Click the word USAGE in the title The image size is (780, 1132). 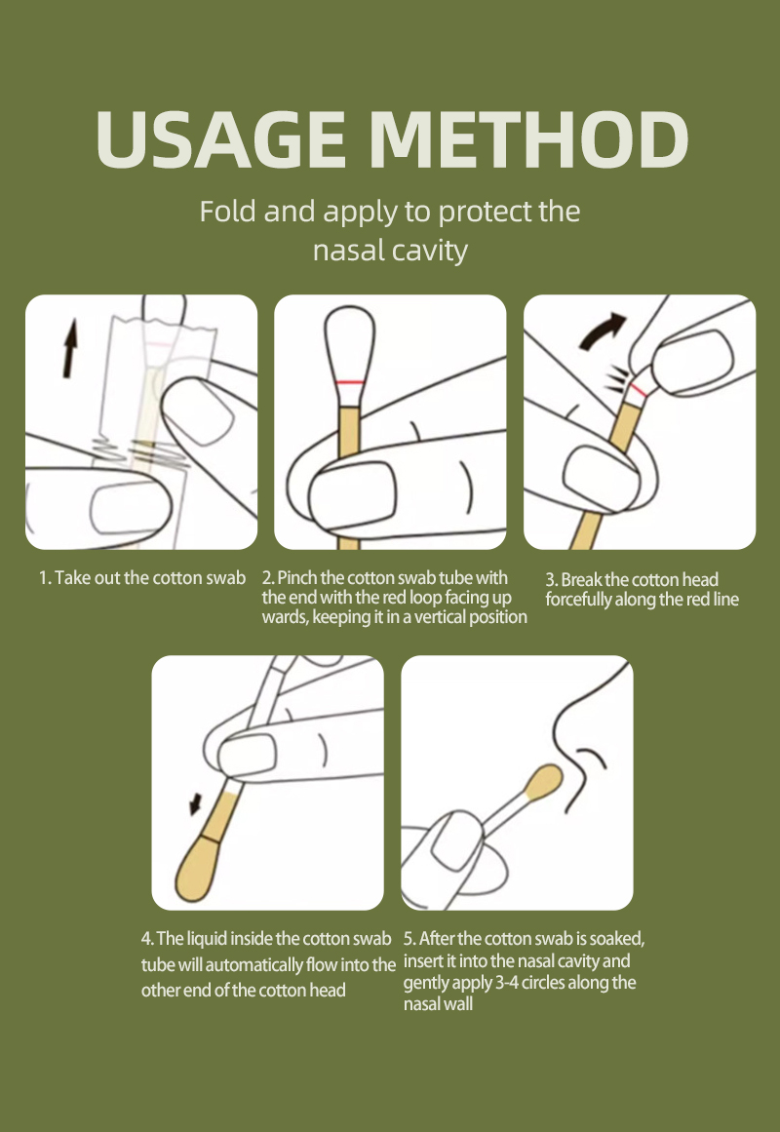point(221,139)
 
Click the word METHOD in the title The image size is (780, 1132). point(529,139)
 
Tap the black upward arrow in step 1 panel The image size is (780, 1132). point(70,349)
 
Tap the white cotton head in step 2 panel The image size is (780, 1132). point(350,343)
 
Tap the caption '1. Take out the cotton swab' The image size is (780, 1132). point(142,577)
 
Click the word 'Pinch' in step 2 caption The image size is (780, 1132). point(296,577)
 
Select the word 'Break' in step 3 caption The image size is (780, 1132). point(581,580)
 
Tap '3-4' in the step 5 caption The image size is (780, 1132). point(506,983)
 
